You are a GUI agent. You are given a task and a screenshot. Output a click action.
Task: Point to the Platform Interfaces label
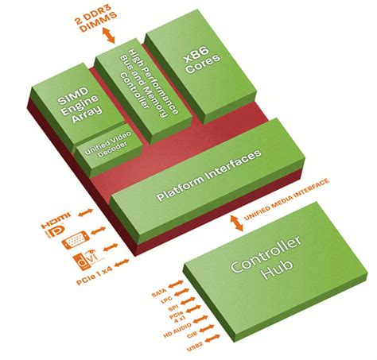[208, 174]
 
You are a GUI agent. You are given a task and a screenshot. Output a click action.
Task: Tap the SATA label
[159, 294]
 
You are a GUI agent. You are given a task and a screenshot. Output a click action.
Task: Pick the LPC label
[162, 303]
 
